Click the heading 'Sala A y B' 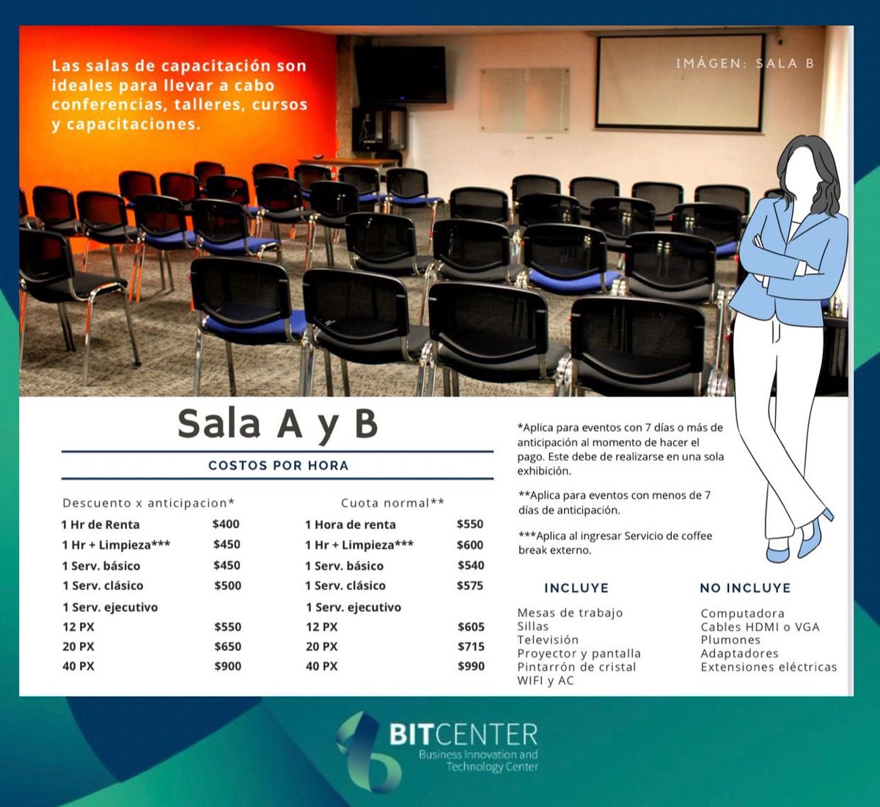point(277,424)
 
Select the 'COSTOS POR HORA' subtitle point(278,465)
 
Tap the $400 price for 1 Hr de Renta point(226,524)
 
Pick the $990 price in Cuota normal point(471,666)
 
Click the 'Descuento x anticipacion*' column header point(149,503)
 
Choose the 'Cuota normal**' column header point(392,503)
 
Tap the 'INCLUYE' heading point(576,588)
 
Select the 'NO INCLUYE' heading point(745,588)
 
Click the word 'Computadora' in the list point(742,613)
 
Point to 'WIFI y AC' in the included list point(546,681)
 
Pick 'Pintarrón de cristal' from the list point(576,667)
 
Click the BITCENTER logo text point(463,734)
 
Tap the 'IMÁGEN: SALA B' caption point(744,63)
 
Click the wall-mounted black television point(400,74)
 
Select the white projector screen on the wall point(681,82)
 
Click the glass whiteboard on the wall point(524,101)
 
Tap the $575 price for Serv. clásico point(470,585)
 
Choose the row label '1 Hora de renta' point(351,525)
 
